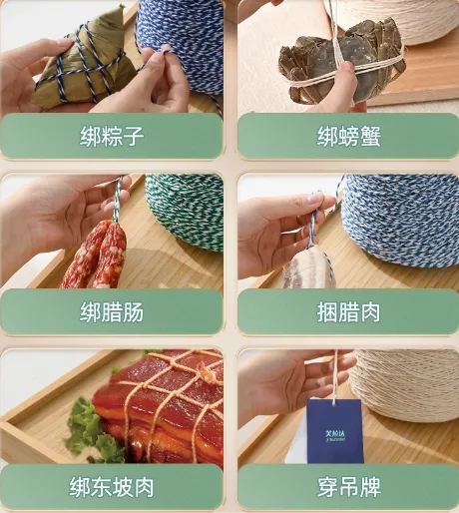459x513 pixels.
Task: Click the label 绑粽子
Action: coord(112,136)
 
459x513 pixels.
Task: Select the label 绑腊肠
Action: coord(112,311)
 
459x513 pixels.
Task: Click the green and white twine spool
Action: coord(186,210)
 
